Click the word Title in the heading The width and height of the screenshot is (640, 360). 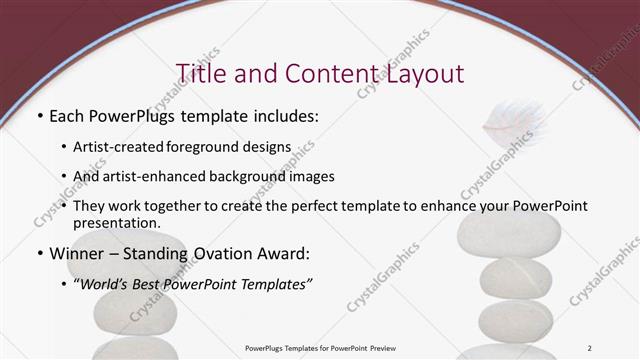click(201, 74)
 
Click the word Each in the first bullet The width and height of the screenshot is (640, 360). click(70, 117)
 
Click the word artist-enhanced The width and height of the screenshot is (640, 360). click(147, 176)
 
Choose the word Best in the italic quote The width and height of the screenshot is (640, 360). click(159, 283)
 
